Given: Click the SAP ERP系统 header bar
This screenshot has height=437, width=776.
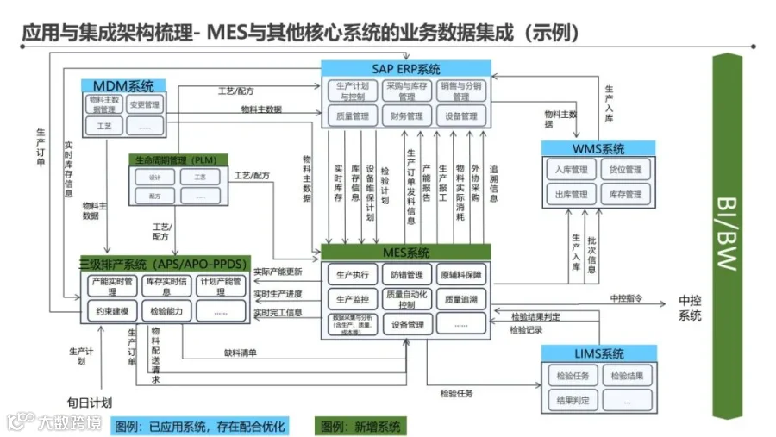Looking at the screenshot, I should [406, 68].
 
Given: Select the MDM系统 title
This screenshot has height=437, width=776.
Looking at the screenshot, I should [123, 86].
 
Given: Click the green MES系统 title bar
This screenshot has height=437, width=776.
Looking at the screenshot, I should [406, 253].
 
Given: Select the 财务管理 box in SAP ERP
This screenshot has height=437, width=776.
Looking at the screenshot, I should [406, 115].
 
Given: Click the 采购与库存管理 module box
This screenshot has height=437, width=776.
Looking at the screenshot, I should [406, 91].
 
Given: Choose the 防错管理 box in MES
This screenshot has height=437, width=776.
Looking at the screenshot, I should [406, 275].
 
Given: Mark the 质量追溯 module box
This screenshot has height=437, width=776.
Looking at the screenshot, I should [460, 299].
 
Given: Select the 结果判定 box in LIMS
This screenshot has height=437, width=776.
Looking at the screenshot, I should [572, 400].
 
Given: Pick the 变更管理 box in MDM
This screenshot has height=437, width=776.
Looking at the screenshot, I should [144, 105].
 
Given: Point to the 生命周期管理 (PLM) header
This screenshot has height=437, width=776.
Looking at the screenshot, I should [178, 159].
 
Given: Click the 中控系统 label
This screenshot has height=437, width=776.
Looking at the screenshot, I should [690, 308].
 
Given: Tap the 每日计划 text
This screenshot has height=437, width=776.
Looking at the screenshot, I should [90, 402].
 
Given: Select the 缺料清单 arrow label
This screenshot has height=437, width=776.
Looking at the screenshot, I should [241, 352].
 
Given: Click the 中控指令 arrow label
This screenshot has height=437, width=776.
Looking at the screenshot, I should [628, 298].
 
